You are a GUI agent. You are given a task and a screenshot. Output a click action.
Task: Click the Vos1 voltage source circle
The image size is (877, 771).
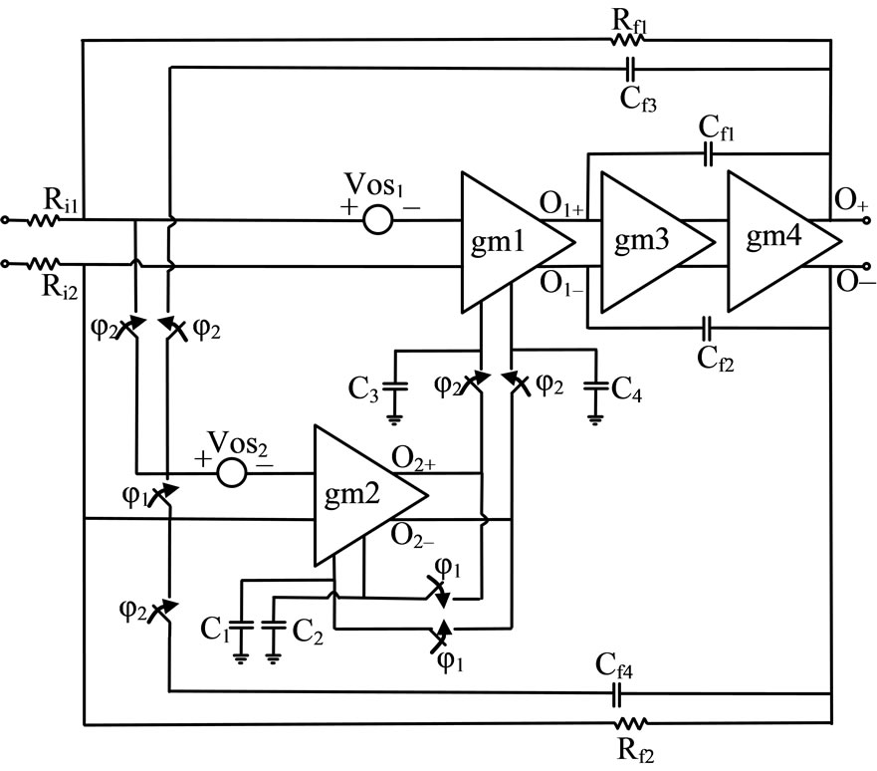pos(377,219)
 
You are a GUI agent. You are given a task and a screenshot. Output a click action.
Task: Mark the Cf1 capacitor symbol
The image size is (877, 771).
pos(708,153)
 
